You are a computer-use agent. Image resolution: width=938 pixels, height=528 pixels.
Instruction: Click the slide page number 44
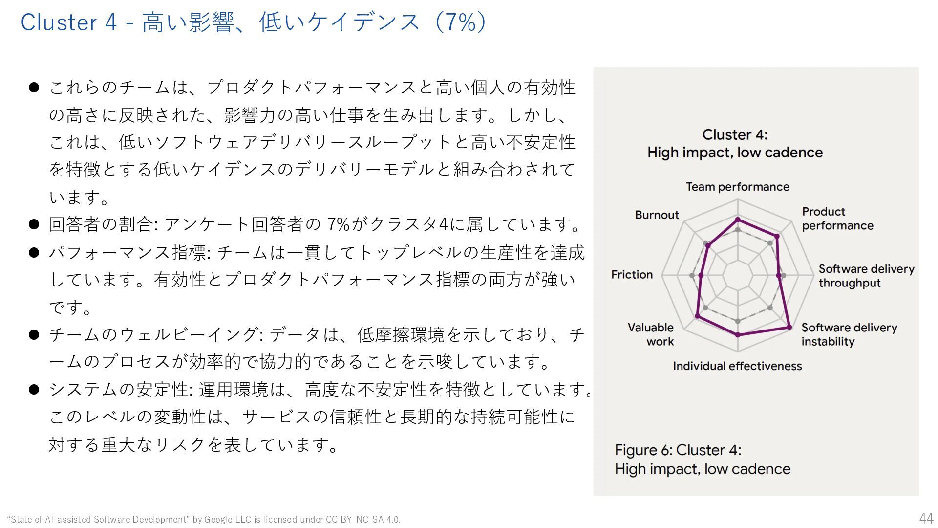(926, 518)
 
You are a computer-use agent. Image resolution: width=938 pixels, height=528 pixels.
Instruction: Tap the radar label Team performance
(737, 187)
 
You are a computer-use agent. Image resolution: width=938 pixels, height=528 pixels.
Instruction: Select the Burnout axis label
(657, 215)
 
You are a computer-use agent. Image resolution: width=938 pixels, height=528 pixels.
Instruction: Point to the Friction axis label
(632, 275)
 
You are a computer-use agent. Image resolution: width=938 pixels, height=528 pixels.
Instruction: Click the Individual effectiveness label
(737, 366)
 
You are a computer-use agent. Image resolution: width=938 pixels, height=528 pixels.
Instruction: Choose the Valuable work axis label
(651, 334)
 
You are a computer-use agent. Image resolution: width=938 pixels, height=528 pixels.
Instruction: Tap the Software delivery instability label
(849, 334)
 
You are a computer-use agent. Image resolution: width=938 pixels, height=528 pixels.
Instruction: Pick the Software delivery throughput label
(866, 276)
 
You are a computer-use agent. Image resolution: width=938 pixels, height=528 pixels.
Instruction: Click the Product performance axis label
(837, 219)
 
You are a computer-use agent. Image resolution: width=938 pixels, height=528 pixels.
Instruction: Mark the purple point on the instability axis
(789, 327)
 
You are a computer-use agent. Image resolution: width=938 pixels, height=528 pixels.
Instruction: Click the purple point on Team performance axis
(738, 220)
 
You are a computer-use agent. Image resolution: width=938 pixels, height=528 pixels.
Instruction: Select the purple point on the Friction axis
(701, 276)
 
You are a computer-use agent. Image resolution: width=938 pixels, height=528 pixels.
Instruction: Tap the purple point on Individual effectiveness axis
(738, 335)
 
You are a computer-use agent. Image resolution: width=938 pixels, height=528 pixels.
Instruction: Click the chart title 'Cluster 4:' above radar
(735, 135)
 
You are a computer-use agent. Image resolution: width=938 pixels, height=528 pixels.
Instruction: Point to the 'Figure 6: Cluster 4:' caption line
(678, 450)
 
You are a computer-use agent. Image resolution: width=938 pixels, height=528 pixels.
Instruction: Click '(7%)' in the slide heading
(460, 22)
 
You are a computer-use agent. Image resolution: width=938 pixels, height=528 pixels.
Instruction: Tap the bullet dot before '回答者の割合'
(34, 224)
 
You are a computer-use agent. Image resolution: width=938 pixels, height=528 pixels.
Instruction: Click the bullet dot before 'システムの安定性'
(34, 390)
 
